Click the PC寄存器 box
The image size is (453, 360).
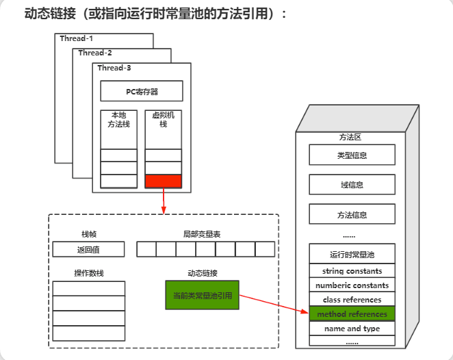[x=142, y=91]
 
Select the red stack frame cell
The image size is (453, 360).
[x=164, y=181]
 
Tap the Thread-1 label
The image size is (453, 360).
[x=76, y=38]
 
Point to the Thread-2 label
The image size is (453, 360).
[x=95, y=53]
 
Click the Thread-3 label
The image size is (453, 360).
[x=114, y=68]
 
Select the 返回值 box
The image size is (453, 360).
[x=89, y=249]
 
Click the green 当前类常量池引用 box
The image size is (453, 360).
[x=202, y=296]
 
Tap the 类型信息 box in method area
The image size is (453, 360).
[x=352, y=155]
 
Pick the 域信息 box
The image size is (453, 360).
[x=352, y=185]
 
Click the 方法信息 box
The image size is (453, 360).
[x=352, y=214]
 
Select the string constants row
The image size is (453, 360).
[x=352, y=271]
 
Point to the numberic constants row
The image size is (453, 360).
[x=352, y=285]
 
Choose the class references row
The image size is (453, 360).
[x=352, y=300]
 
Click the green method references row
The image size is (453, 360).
[x=352, y=314]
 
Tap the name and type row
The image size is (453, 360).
[x=352, y=329]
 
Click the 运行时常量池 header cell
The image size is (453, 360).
[x=352, y=255]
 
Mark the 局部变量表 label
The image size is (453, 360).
[x=202, y=234]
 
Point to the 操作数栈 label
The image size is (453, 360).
[x=89, y=273]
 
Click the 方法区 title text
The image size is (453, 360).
[x=350, y=137]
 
